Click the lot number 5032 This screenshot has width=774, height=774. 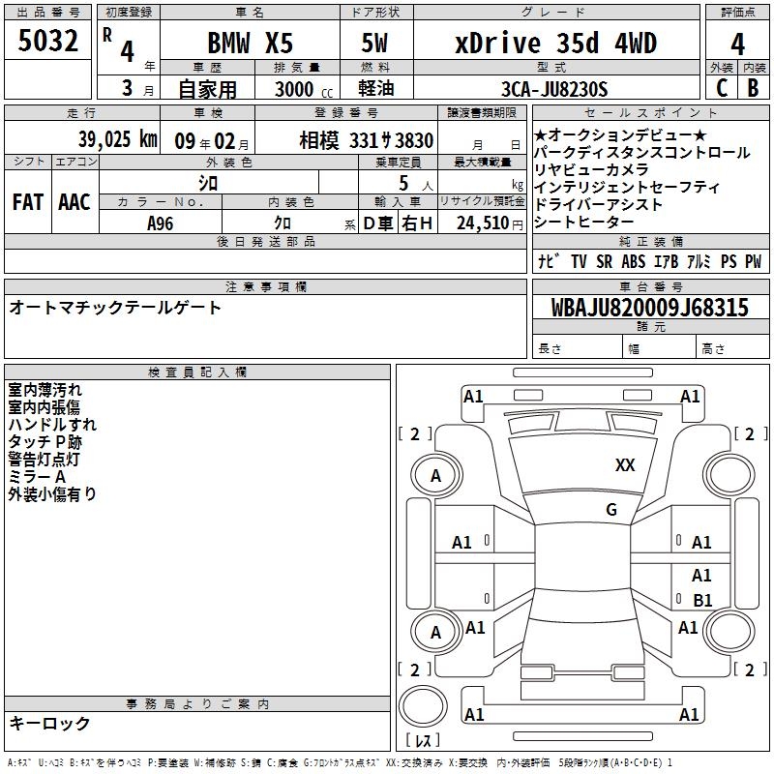tap(47, 41)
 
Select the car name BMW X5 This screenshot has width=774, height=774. tap(250, 43)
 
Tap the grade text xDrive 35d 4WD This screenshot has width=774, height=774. tap(555, 43)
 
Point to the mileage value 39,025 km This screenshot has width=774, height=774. tap(117, 139)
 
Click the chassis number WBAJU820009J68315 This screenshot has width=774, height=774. tap(649, 308)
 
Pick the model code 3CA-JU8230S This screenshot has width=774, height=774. tap(554, 89)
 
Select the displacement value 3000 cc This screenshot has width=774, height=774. tap(303, 89)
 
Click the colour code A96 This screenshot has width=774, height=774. tap(161, 223)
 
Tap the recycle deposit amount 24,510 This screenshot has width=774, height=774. tap(483, 223)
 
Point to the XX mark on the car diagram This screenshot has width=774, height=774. tap(625, 465)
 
